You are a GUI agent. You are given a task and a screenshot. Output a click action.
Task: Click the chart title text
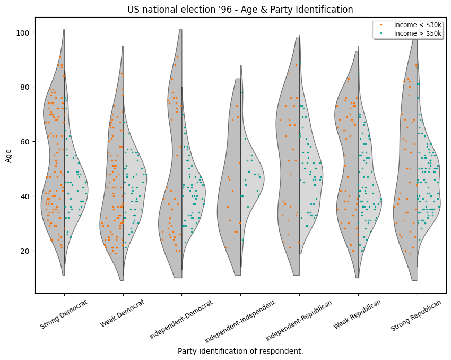pyautogui.click(x=240, y=10)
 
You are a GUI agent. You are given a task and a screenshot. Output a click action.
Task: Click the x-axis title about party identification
pyautogui.click(x=240, y=351)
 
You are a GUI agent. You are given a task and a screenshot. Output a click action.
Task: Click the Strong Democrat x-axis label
pyautogui.click(x=64, y=314)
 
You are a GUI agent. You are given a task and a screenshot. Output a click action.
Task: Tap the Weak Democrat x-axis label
pyautogui.click(x=123, y=313)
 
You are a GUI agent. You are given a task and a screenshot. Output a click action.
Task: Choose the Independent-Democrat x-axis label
pyautogui.click(x=181, y=319)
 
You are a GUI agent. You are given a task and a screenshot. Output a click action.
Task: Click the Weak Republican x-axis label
pyautogui.click(x=358, y=314)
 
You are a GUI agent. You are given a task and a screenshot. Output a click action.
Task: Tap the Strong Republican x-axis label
pyautogui.click(x=417, y=315)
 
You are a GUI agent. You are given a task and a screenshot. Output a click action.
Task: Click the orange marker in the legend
pyautogui.click(x=380, y=25)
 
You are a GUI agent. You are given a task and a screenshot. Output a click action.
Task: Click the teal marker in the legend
pyautogui.click(x=380, y=33)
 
